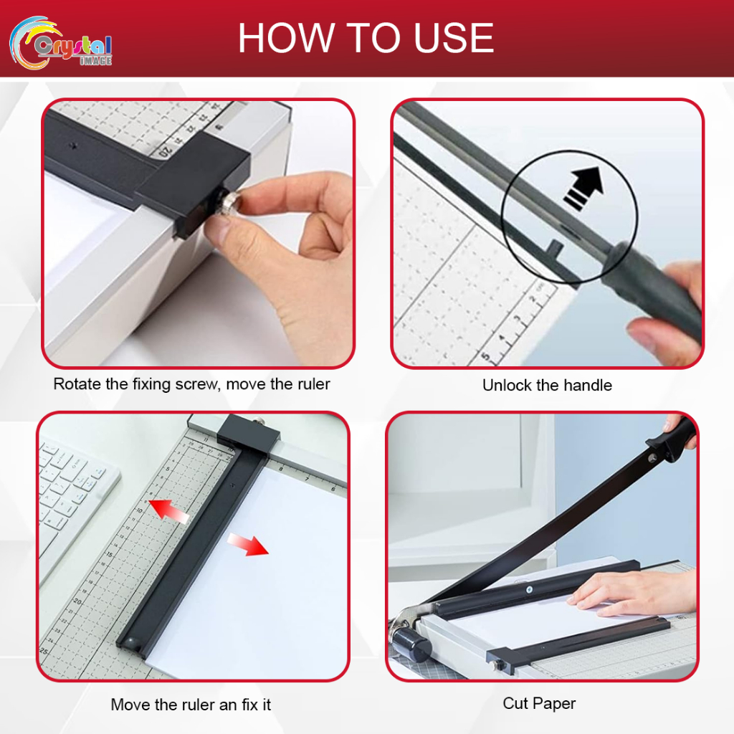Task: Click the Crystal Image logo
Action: pos(61,42)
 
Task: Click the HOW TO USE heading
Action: pos(366,39)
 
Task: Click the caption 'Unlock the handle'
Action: pos(547,386)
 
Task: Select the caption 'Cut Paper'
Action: pos(539,703)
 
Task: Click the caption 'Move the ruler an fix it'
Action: pos(191,705)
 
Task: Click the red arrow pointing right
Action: pos(248,544)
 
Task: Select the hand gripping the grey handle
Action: pos(663,315)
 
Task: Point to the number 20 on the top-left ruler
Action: pos(166,151)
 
